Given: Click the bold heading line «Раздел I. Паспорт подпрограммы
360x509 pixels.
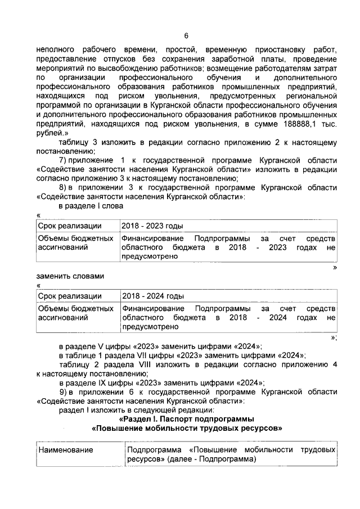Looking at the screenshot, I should (186, 419).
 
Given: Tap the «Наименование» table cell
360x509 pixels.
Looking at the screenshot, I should (65, 451).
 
